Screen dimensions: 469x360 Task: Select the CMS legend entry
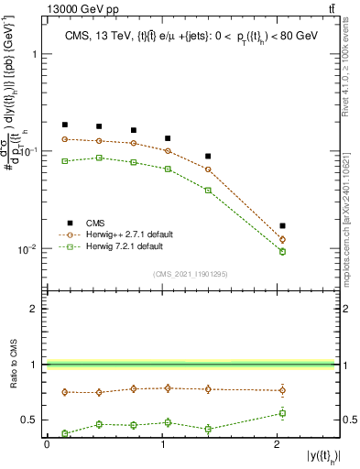click(85, 223)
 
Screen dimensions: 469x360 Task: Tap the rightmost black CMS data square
click(282, 225)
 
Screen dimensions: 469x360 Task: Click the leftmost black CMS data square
click(65, 125)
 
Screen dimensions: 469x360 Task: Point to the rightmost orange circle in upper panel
click(282, 239)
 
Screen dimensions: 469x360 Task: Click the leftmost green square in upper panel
click(65, 161)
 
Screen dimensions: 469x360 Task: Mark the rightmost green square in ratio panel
click(282, 413)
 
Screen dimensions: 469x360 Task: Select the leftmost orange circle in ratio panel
click(65, 392)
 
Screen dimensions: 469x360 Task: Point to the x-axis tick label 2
click(278, 445)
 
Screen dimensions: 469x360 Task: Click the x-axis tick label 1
click(163, 445)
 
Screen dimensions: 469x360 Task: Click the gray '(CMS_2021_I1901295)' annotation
click(191, 274)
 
